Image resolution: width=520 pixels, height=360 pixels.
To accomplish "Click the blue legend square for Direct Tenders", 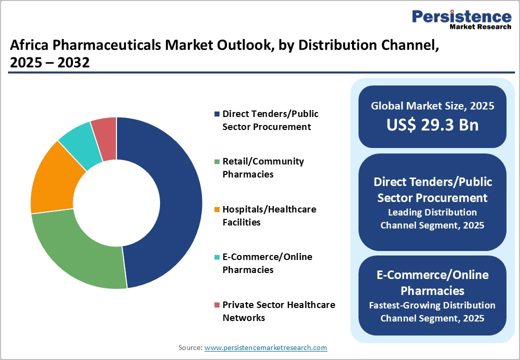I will coord(216,114).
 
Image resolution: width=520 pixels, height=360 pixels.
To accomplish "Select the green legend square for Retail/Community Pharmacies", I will coord(216,161).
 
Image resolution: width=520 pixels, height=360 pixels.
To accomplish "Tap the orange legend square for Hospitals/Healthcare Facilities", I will coord(216,209).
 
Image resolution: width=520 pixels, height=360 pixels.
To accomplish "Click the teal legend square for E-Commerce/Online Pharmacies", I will coord(216,257).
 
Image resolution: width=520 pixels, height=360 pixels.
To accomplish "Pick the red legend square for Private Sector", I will coord(216,305).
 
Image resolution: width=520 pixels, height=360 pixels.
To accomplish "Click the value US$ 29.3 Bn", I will coord(432,125).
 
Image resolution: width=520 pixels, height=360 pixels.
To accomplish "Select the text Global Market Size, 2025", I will coord(432,106).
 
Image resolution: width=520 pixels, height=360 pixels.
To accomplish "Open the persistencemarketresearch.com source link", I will coord(265,347).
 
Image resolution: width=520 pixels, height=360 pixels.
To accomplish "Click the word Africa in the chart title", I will coord(29,46).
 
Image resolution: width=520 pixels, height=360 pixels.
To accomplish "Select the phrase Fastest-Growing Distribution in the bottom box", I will coord(432,305).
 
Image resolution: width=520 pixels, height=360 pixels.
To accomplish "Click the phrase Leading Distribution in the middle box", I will coord(432,212).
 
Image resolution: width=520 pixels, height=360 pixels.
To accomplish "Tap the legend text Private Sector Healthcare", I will coord(278,305).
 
